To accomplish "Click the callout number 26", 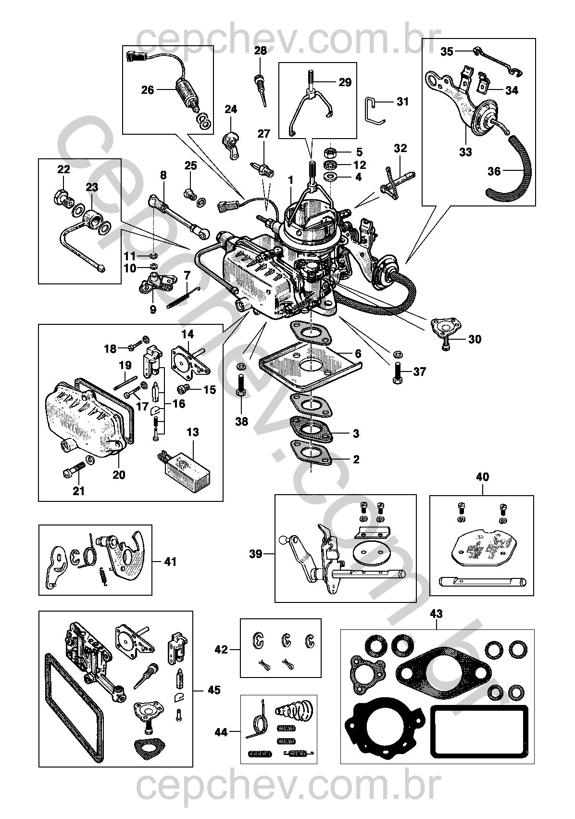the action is pyautogui.click(x=147, y=90).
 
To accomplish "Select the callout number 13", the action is pyautogui.click(x=192, y=432).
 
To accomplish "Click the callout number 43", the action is pyautogui.click(x=436, y=614).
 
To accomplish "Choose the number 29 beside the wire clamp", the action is pyautogui.click(x=345, y=82).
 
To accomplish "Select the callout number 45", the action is pyautogui.click(x=214, y=690).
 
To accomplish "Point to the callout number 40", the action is pyautogui.click(x=482, y=477).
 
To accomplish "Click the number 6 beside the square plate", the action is pyautogui.click(x=358, y=354).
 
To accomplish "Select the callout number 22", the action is pyautogui.click(x=63, y=169).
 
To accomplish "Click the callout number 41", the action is pyautogui.click(x=170, y=562).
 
